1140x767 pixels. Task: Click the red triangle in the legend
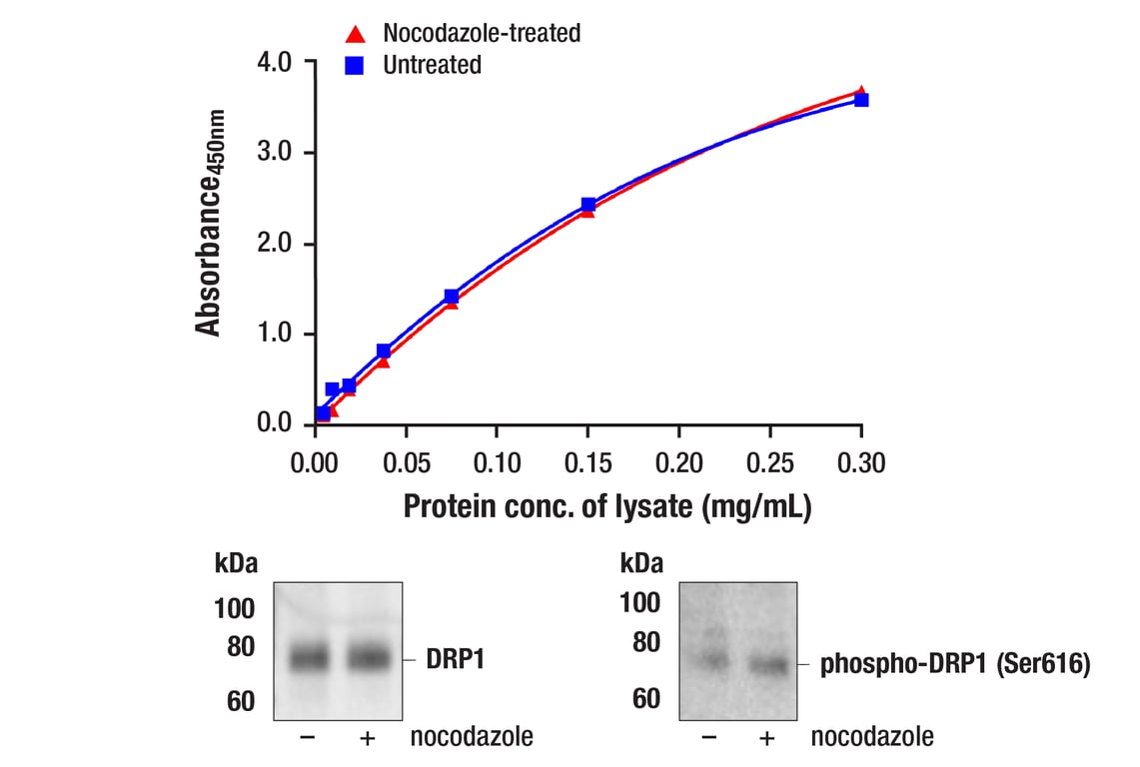coord(354,34)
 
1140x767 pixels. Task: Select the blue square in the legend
coord(354,66)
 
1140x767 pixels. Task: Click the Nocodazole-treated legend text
coord(482,33)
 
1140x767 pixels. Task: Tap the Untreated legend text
coord(432,66)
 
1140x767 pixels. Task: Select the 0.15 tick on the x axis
coord(587,462)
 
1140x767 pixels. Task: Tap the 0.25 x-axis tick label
coord(769,462)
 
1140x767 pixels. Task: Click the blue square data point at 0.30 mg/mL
coord(861,100)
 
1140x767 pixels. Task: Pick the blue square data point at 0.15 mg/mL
coord(588,205)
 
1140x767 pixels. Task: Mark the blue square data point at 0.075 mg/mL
coord(452,297)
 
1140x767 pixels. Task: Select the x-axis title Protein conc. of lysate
coord(606,506)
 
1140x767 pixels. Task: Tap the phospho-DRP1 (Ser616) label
coord(954,664)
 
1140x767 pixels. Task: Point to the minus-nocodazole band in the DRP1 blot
coord(309,658)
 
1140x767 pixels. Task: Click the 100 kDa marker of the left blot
coord(235,608)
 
